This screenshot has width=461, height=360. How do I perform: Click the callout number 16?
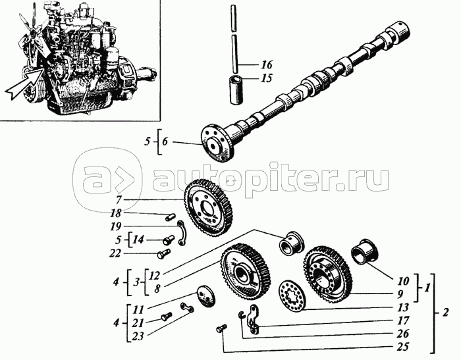tap(265, 65)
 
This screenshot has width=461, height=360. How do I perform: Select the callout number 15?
tap(265, 78)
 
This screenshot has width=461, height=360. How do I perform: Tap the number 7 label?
tap(119, 199)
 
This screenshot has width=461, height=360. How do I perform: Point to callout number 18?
tap(116, 213)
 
